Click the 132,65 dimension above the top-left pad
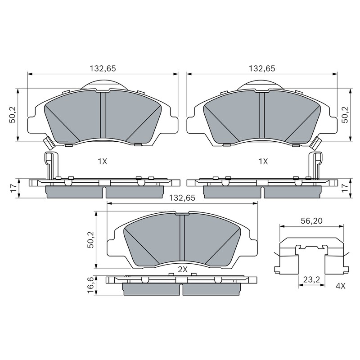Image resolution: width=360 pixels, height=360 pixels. (x=103, y=68)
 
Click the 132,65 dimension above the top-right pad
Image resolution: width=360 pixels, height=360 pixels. (x=262, y=68)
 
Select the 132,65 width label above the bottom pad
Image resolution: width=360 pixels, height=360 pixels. (x=182, y=198)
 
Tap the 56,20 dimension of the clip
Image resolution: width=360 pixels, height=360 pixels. (x=311, y=221)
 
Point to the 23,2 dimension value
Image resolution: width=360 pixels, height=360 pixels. (x=311, y=279)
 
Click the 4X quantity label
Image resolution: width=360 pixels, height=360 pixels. (x=340, y=286)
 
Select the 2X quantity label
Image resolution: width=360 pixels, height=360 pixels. (x=183, y=270)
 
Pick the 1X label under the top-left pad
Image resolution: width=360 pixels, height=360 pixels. (x=103, y=162)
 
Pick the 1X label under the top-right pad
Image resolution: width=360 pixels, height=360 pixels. (x=263, y=162)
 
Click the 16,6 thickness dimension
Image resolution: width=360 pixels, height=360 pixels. (x=90, y=286)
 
